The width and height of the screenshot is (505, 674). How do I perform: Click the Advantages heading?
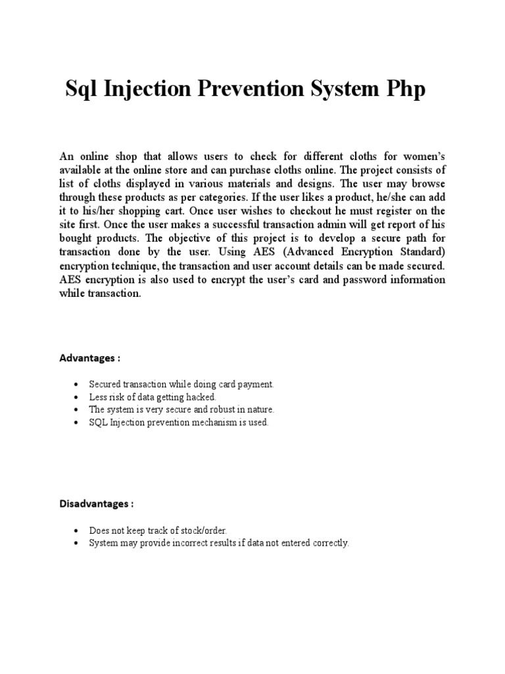coord(90,359)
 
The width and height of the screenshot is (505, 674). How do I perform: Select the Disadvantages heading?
coord(97,504)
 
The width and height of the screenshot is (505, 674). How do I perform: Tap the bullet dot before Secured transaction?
coord(77,384)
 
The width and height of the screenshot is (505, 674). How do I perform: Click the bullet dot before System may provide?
coord(77,544)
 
